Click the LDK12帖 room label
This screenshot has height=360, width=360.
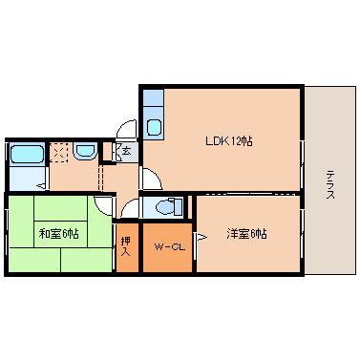(x=228, y=140)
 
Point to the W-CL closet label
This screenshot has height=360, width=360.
(x=168, y=247)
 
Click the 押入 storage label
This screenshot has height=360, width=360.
(x=126, y=247)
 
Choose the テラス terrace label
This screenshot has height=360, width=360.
(x=329, y=182)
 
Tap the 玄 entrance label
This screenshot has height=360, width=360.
(x=127, y=150)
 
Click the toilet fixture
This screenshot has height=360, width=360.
(x=168, y=205)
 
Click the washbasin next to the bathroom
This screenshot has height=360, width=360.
(x=84, y=151)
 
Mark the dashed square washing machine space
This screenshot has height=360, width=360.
(x=58, y=151)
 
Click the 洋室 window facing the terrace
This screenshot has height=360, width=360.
(x=304, y=234)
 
